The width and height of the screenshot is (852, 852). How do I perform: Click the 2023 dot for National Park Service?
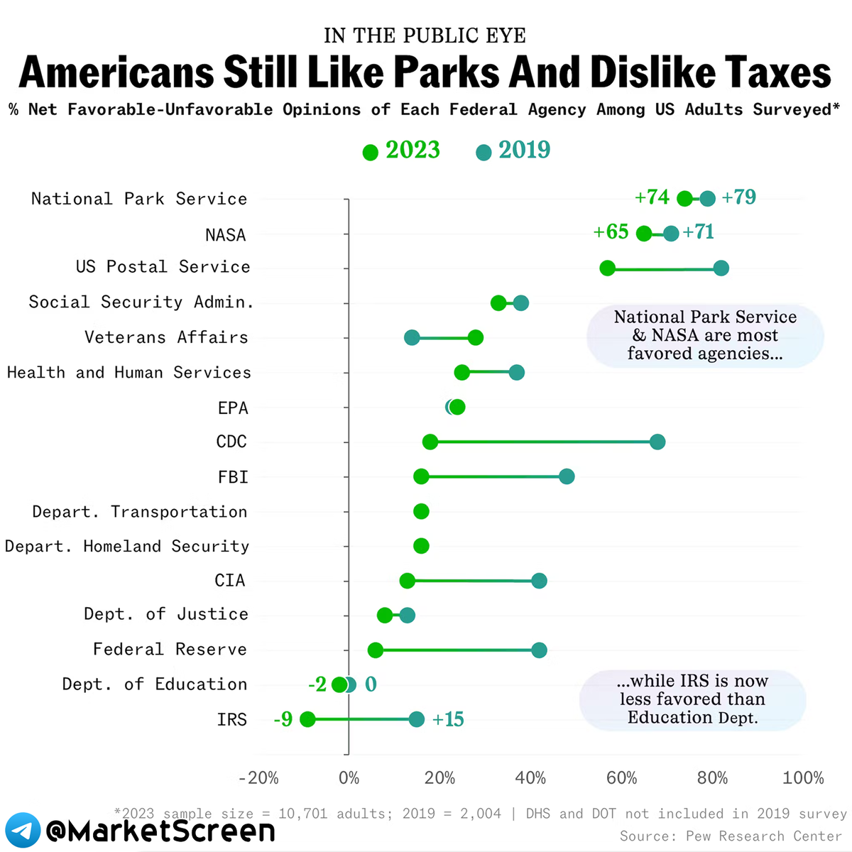point(684,199)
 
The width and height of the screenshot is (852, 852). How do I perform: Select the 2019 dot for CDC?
point(657,442)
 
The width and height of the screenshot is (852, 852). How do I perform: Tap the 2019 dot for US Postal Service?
point(721,268)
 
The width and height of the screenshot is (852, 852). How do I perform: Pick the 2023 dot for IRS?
point(307,719)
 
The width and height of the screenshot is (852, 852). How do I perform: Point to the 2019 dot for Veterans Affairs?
point(412,337)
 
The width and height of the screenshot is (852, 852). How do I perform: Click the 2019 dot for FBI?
point(567,476)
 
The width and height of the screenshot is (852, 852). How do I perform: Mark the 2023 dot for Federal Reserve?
point(375,650)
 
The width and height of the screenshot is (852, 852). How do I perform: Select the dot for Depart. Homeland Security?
point(421,546)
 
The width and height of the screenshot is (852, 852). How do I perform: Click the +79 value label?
point(738,197)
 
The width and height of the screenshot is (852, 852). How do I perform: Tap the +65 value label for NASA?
point(611,232)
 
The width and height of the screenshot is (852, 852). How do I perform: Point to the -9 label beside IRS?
point(283,719)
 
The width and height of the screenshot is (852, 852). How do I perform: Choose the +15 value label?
point(448,719)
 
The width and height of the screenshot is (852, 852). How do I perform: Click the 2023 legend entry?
point(402,151)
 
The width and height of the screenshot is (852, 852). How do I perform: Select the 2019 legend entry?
point(514,151)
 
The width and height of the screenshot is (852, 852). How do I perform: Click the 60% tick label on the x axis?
point(621,778)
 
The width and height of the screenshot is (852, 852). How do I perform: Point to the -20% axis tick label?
point(258,778)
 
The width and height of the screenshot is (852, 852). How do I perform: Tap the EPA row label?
point(233,408)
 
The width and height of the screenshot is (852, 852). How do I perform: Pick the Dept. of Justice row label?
point(166,614)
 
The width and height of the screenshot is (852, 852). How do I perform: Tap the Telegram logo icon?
point(22,830)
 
